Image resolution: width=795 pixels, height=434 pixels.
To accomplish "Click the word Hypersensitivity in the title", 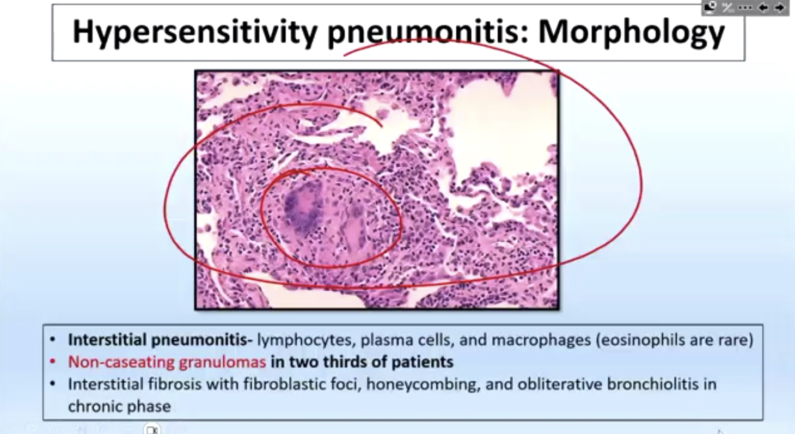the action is point(195,33).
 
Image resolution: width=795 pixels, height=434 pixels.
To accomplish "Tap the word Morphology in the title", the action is point(632,33).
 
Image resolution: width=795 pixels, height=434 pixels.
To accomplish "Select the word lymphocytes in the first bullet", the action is point(306,340).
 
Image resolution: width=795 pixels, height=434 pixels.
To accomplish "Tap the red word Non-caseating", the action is point(121,362).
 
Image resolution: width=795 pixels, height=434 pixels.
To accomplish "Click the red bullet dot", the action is point(53,362).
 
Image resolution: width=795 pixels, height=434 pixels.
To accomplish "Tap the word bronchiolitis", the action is point(653,384).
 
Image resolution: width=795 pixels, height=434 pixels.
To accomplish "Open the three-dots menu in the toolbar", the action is point(745,8).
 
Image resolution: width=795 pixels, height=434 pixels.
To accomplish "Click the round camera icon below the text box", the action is point(152,430).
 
